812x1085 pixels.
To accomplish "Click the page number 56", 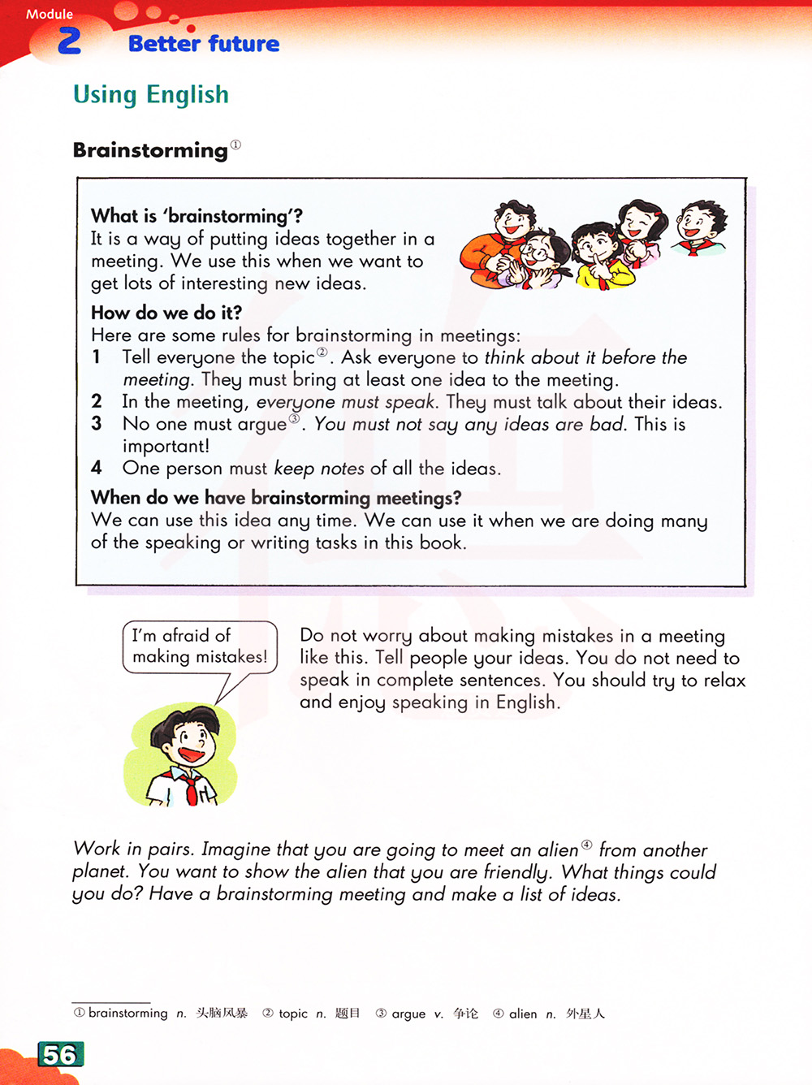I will pos(59,1054).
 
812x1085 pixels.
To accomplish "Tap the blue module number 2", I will pos(70,41).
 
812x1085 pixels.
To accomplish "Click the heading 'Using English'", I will pos(151,95).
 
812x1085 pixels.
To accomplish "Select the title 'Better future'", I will pos(204,44).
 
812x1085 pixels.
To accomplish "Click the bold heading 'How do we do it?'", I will pos(166,313).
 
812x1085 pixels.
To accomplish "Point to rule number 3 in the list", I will pos(97,423).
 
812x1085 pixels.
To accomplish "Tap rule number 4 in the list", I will pos(97,468).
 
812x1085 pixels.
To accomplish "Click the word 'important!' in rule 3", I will pos(166,446).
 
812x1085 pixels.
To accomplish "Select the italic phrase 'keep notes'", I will pos(319,469).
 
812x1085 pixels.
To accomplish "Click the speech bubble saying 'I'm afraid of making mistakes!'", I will pos(200,646).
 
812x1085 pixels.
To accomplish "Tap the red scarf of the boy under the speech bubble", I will pos(189,785).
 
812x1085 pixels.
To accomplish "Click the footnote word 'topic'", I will pos(293,1014).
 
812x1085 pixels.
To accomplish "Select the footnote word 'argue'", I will pos(408,1014).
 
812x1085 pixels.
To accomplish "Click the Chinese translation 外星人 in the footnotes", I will pos(585,1014).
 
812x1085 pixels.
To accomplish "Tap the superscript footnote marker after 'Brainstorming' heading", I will pos(235,145).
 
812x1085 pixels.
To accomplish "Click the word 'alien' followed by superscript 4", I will pos(558,850).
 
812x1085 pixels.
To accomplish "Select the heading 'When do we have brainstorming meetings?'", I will pos(276,497).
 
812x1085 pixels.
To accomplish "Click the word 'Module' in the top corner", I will pos(50,14).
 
